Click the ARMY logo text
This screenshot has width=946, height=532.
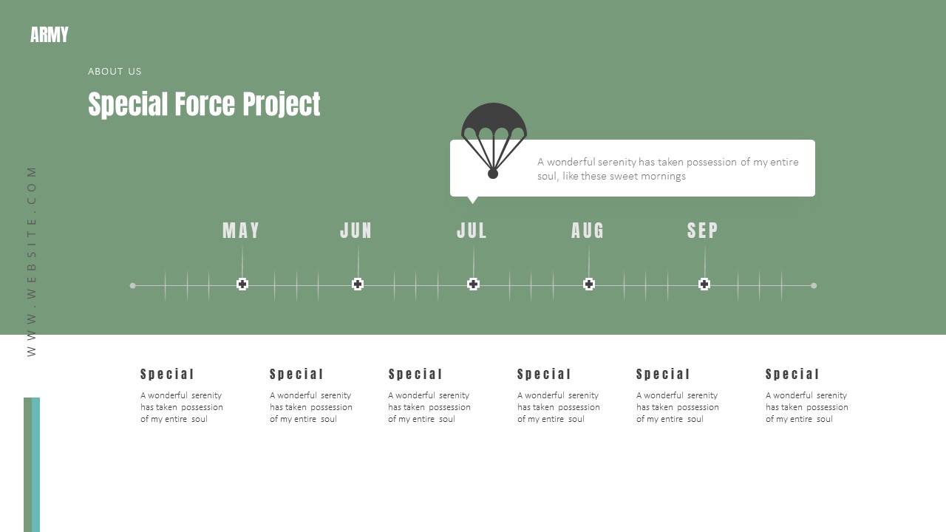click(x=50, y=35)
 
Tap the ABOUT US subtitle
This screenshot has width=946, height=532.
click(x=115, y=72)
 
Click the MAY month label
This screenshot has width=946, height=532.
click(x=242, y=231)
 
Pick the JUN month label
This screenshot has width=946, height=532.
click(x=356, y=231)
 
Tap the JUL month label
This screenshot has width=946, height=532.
click(x=472, y=231)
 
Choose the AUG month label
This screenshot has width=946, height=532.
click(x=588, y=231)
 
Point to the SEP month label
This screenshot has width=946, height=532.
click(x=703, y=231)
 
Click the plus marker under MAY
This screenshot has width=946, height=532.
click(x=242, y=284)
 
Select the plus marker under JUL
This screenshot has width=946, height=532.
click(x=474, y=284)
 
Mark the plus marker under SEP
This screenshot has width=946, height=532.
click(x=704, y=284)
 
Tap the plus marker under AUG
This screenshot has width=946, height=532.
click(x=589, y=284)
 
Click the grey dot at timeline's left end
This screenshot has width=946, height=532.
click(x=133, y=285)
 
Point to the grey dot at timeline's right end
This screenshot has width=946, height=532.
click(x=814, y=285)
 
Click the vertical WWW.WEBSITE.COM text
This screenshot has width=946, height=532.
click(x=32, y=261)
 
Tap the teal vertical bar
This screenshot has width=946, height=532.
click(x=36, y=464)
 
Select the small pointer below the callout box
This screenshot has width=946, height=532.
click(x=473, y=199)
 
